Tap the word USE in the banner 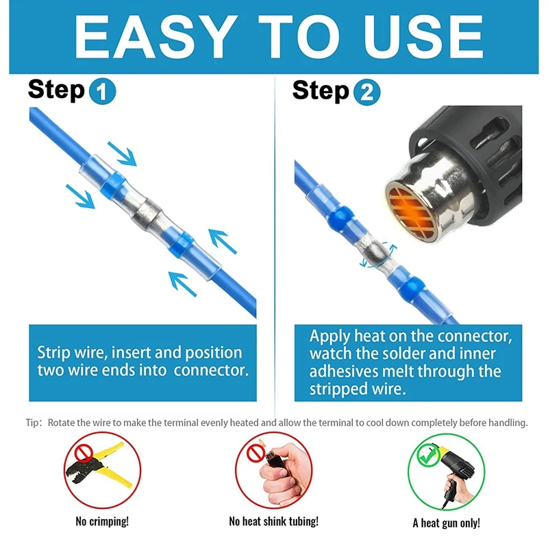tap(423, 37)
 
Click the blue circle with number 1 tap(102, 91)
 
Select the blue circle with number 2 tap(367, 92)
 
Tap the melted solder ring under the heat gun tap(375, 251)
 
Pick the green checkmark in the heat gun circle tap(428, 455)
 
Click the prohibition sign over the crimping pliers tap(84, 453)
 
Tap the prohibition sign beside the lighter tap(256, 453)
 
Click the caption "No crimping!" tap(102, 521)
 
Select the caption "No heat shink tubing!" tap(273, 521)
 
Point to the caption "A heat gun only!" tap(447, 523)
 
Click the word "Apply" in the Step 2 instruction tap(329, 337)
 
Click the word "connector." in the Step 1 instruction tap(212, 371)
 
